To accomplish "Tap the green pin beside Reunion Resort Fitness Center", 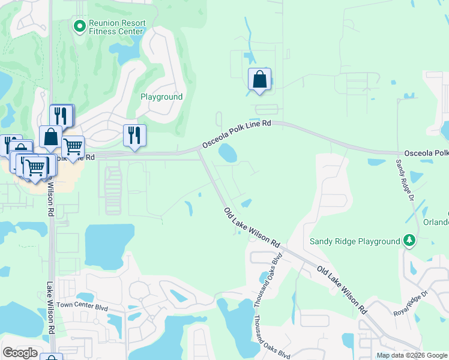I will [x=79, y=26].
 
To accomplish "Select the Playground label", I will [x=161, y=97].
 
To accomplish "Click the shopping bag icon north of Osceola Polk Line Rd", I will [x=259, y=79].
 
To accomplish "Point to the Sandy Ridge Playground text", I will [x=354, y=241].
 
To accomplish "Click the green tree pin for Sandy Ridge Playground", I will [x=409, y=241].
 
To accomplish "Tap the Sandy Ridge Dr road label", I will [x=407, y=179].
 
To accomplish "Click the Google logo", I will [x=20, y=353].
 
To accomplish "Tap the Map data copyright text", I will [x=412, y=355].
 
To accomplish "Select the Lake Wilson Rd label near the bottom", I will [x=50, y=308].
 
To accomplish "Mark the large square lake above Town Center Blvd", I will [x=107, y=246].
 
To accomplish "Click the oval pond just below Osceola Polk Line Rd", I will [x=228, y=152].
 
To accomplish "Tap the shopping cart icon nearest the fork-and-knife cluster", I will [x=73, y=146].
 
